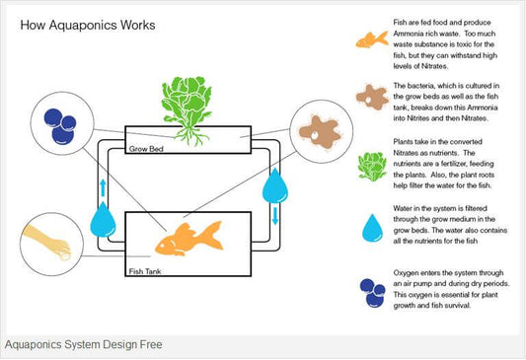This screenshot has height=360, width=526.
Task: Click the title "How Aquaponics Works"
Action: pyautogui.click(x=88, y=25)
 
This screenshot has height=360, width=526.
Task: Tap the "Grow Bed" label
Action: pyautogui.click(x=146, y=149)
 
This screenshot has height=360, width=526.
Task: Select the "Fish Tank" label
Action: pyautogui.click(x=145, y=271)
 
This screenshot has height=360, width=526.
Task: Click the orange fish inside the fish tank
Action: pyautogui.click(x=188, y=239)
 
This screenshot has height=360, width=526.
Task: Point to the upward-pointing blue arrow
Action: pyautogui.click(x=103, y=188)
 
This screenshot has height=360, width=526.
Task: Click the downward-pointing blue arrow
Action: pyautogui.click(x=275, y=216)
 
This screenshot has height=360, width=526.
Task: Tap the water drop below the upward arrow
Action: pyautogui.click(x=103, y=219)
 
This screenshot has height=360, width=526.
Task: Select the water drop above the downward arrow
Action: pyautogui.click(x=275, y=185)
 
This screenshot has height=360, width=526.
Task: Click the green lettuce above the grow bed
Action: pyautogui.click(x=187, y=101)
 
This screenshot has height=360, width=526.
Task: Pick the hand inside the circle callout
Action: pyautogui.click(x=47, y=242)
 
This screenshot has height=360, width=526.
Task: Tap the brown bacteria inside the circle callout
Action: pyautogui.click(x=320, y=131)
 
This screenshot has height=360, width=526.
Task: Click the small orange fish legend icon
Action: pyautogui.click(x=372, y=39)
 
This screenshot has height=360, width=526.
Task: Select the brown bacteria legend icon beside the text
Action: pyautogui.click(x=372, y=98)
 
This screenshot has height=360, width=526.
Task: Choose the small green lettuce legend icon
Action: pyautogui.click(x=372, y=167)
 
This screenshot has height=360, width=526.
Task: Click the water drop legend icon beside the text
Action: pyautogui.click(x=372, y=228)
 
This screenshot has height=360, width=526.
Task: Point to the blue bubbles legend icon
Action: pyautogui.click(x=372, y=293)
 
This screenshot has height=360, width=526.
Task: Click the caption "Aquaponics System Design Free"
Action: pyautogui.click(x=84, y=344)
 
